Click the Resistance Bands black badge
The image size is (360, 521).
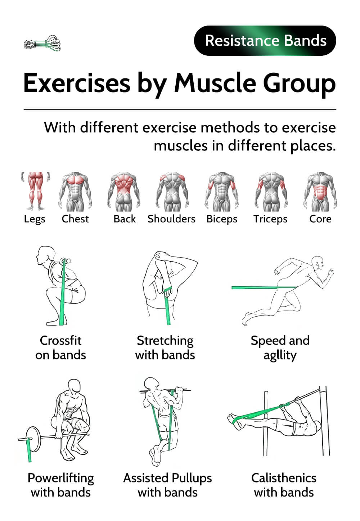[265, 40]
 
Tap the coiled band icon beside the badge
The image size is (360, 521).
[42, 43]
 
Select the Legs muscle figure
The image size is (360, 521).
[35, 191]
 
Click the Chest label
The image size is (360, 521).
[75, 219]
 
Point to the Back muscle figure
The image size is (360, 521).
[123, 192]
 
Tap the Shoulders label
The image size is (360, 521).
[171, 219]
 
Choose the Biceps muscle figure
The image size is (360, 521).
[222, 192]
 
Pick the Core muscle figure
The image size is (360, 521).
[320, 192]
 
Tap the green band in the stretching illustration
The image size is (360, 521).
[167, 306]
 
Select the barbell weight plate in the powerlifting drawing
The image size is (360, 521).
[33, 439]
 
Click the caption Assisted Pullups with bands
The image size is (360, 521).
[167, 485]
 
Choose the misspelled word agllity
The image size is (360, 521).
[280, 355]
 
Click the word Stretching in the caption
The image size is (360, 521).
[165, 341]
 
